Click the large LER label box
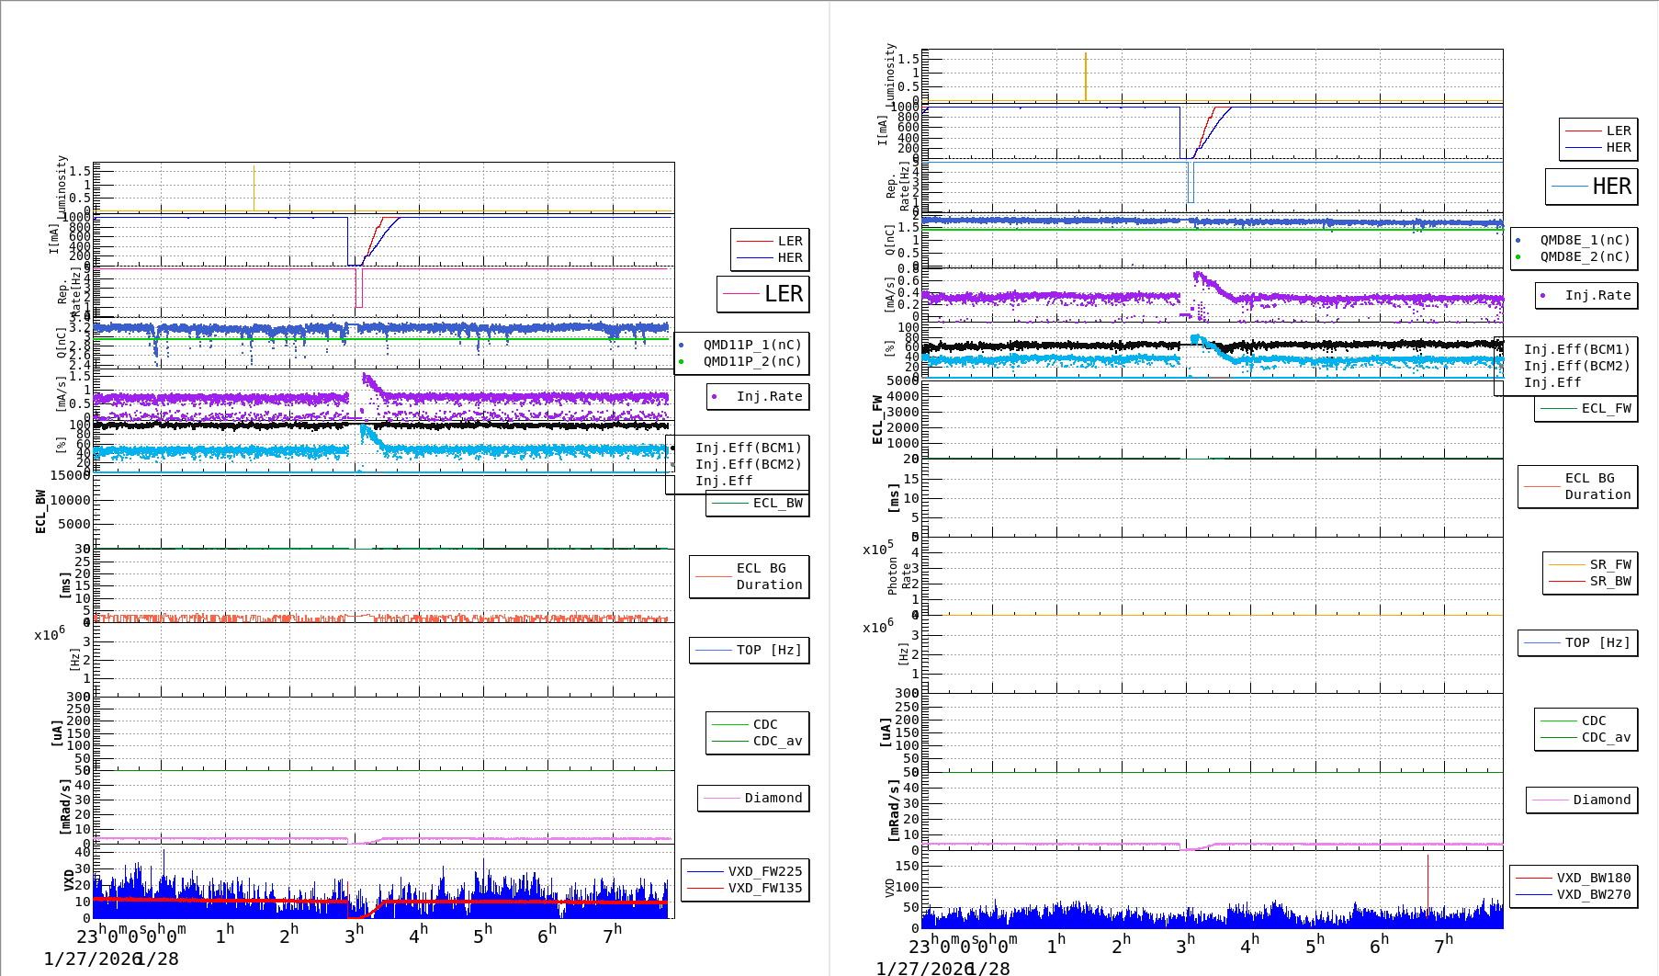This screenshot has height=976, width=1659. [x=763, y=294]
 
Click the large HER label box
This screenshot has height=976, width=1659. [x=1592, y=187]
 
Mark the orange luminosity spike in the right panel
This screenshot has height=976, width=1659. [x=1086, y=75]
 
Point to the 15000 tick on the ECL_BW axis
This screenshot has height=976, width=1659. [x=71, y=475]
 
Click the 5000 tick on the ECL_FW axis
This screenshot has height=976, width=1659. [x=902, y=380]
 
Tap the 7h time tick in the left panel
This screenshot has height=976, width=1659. [x=612, y=935]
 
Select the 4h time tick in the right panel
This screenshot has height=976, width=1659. [x=1249, y=945]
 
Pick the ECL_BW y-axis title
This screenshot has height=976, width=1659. [x=40, y=511]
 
